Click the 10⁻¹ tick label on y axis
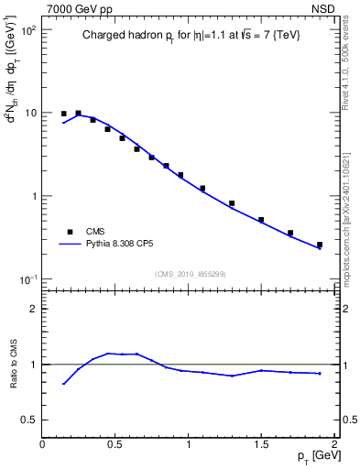click(x=28, y=278)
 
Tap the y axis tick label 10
click(x=30, y=114)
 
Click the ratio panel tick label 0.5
click(x=29, y=420)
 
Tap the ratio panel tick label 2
click(x=34, y=309)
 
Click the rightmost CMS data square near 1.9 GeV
click(x=320, y=245)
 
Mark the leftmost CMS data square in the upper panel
click(x=63, y=114)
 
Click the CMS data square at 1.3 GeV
click(x=232, y=203)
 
